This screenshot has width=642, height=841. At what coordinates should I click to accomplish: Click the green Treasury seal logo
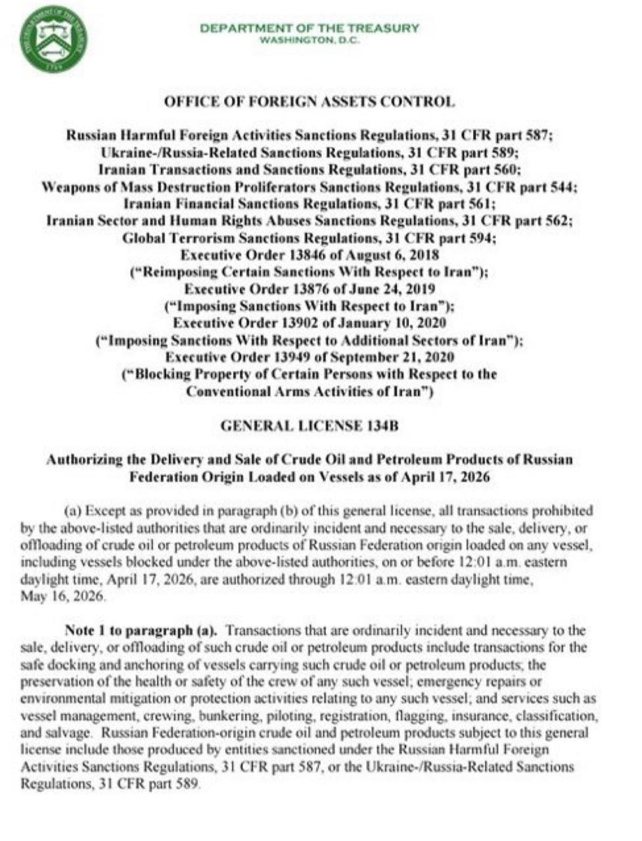click(x=53, y=39)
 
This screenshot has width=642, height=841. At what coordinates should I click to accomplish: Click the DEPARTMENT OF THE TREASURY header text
click(x=309, y=28)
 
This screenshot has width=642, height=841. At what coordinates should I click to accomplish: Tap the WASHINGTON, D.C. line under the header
click(x=309, y=39)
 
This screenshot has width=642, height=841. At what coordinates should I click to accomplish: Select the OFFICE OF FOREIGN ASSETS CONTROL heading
click(x=308, y=102)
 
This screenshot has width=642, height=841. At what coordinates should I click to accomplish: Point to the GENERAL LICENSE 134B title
click(x=310, y=426)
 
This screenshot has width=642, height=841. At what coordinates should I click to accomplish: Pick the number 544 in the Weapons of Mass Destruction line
click(x=563, y=187)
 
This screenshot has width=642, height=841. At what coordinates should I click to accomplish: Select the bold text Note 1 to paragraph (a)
click(x=141, y=631)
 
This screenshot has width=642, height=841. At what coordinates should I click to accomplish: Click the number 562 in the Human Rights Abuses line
click(x=557, y=221)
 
